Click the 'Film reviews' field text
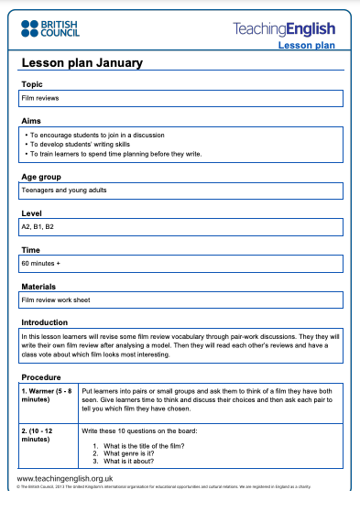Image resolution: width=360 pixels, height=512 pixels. [40, 96]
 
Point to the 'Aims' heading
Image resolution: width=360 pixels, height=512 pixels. [31, 120]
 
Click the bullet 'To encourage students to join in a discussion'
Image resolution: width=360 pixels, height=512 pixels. [101, 134]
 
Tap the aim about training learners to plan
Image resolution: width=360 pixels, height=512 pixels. [115, 154]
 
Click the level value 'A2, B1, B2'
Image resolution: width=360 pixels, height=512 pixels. [38, 225]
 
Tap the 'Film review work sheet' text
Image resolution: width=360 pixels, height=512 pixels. [56, 299]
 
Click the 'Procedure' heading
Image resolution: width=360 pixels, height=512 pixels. [40, 376]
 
